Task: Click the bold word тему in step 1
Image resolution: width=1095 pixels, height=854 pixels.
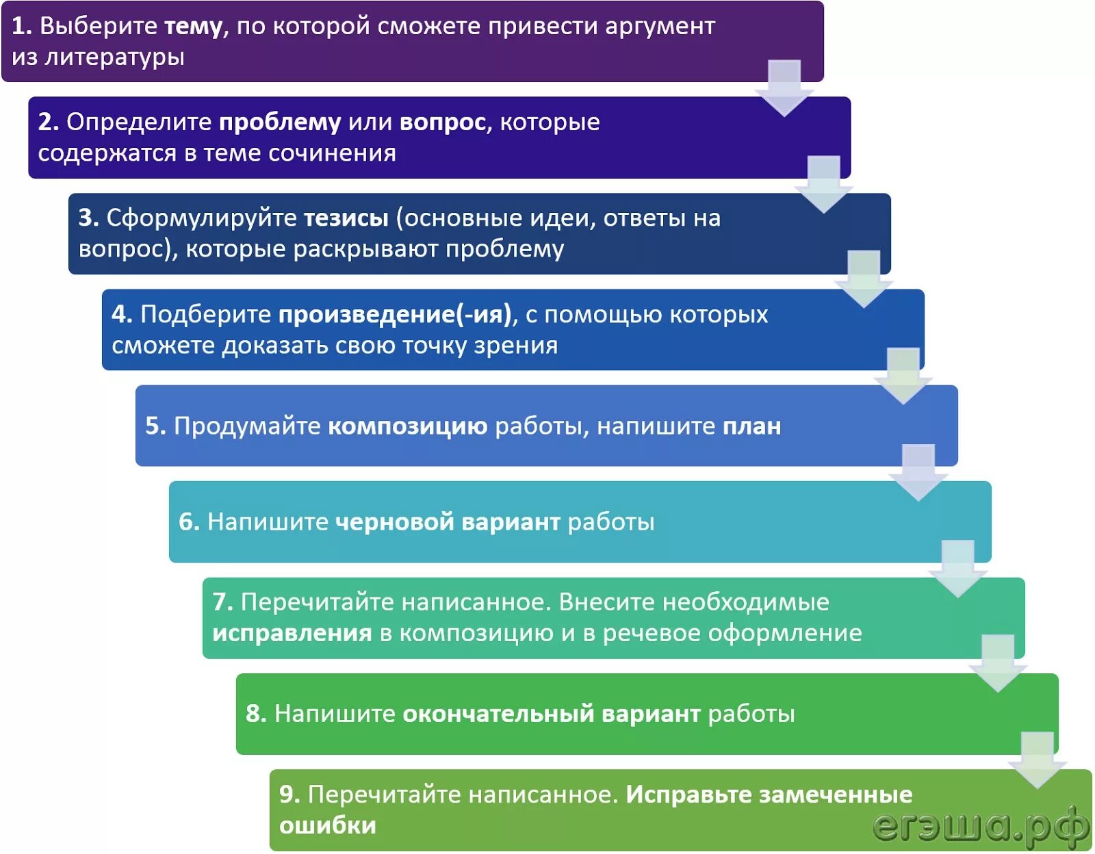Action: click(194, 27)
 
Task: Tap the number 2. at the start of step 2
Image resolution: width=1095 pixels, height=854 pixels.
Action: click(49, 122)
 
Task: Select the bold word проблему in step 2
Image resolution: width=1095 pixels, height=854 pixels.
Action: click(280, 122)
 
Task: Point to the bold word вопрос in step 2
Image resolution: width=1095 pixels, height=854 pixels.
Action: click(442, 122)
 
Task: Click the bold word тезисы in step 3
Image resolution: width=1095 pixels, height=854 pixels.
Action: click(346, 218)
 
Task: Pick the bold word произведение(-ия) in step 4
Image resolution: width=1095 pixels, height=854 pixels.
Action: click(395, 315)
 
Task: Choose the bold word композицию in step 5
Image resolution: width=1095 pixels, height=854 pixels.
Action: click(408, 426)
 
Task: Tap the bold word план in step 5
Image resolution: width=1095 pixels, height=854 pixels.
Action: click(752, 426)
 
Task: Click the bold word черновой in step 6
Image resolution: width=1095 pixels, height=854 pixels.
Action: click(395, 522)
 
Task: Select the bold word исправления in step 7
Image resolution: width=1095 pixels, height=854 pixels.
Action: click(292, 634)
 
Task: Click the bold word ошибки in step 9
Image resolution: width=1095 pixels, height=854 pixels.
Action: click(328, 826)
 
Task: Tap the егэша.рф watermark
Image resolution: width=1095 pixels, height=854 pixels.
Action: click(980, 826)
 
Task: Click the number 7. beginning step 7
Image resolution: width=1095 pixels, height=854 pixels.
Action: click(223, 602)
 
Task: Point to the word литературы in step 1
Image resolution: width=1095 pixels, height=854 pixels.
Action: click(115, 57)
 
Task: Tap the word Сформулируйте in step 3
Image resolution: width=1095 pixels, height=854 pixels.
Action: click(202, 218)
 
